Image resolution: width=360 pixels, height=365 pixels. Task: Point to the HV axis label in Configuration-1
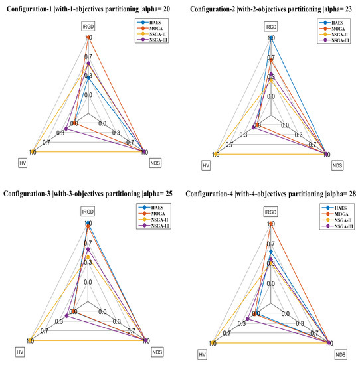click(x=23, y=162)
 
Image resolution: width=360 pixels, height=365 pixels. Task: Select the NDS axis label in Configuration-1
click(x=156, y=162)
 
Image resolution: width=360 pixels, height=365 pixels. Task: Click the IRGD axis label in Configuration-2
click(x=270, y=27)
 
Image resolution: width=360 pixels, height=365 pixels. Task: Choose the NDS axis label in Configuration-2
click(x=339, y=163)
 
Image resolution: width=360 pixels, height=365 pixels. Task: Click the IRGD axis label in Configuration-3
click(x=88, y=212)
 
